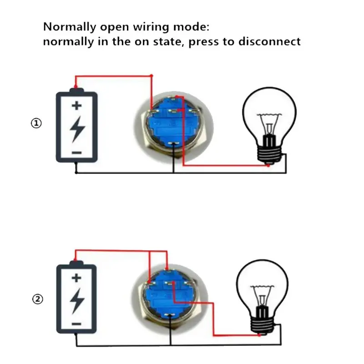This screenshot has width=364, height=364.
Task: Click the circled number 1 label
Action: click(36, 123)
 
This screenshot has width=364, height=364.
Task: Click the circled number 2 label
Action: click(38, 299)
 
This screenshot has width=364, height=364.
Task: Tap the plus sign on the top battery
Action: click(76, 106)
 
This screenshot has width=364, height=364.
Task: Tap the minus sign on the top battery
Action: click(76, 152)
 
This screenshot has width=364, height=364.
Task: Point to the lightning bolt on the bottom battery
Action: click(77, 301)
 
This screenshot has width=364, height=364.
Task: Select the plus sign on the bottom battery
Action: click(76, 278)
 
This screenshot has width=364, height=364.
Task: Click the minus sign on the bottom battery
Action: click(76, 324)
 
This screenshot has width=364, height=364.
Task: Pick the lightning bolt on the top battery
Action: click(77, 129)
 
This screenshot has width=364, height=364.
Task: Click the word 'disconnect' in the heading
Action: click(269, 41)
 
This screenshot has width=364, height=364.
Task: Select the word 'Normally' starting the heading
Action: click(70, 27)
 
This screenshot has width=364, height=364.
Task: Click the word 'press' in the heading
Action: click(203, 42)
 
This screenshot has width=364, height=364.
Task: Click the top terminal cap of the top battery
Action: click(76, 90)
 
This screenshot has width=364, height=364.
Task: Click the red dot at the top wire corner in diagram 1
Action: click(152, 76)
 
